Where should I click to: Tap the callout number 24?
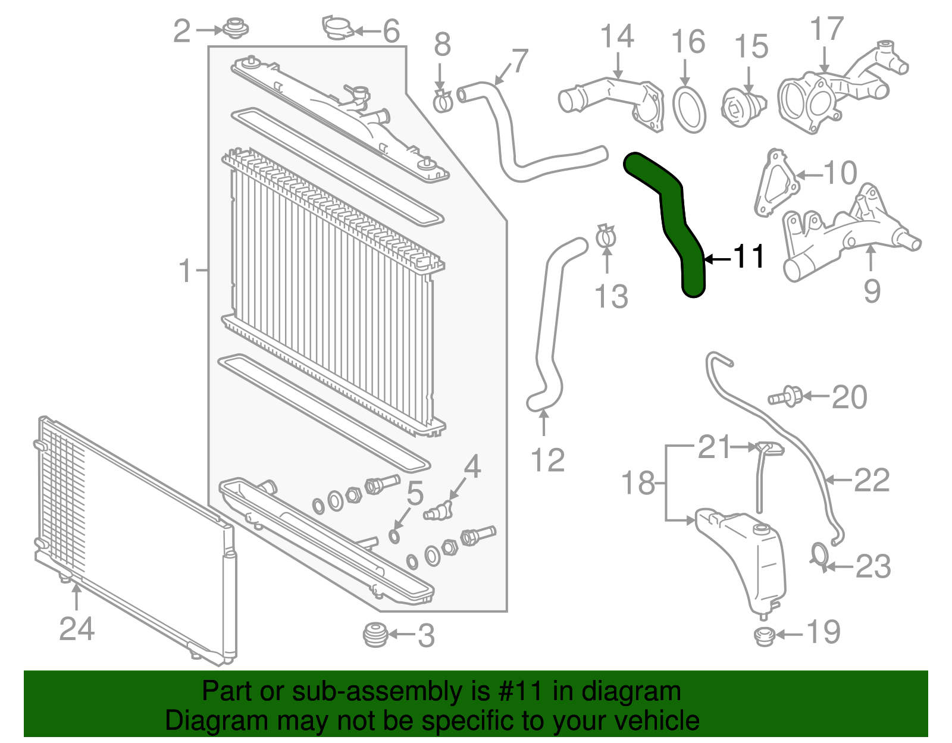tap(77, 629)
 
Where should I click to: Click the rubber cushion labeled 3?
tap(375, 635)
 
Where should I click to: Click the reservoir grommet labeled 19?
tap(764, 636)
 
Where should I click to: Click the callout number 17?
tap(827, 29)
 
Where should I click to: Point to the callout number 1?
tap(186, 271)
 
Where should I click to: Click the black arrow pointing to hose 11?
tap(717, 259)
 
